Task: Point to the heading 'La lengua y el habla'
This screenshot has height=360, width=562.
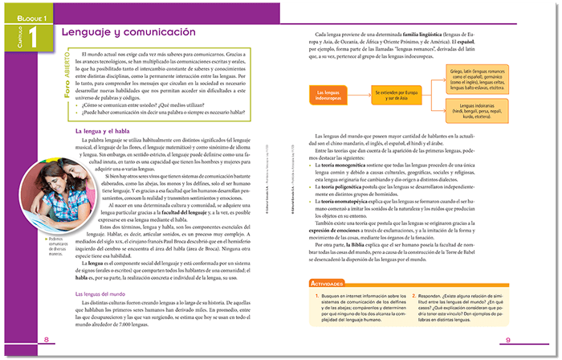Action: pos(108,130)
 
